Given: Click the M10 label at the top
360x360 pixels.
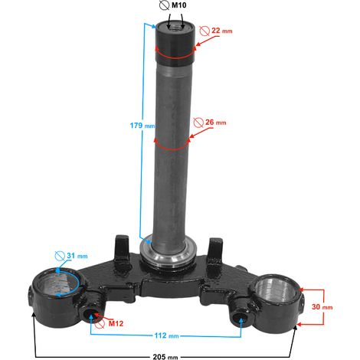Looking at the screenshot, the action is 178,5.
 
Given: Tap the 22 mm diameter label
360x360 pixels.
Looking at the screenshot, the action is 222,31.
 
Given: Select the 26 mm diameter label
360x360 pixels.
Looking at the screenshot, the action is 216,123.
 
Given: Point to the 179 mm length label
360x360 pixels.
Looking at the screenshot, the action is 142,126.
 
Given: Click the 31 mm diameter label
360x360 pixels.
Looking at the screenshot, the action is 77,256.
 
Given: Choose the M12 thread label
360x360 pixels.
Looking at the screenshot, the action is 116,323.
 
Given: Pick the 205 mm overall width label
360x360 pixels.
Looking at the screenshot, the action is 165,356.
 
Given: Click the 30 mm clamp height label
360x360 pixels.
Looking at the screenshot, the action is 322,306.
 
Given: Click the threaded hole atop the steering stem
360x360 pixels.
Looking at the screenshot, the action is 175,27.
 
